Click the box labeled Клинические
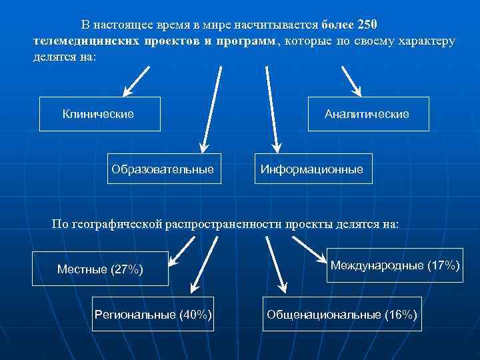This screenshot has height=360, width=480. pyautogui.click(x=100, y=114)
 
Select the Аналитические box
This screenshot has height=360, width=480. pyautogui.click(x=367, y=114)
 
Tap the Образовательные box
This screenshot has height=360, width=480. pyautogui.click(x=163, y=169)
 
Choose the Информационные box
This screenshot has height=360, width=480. pyautogui.click(x=311, y=169)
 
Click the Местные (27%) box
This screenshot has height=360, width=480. pyautogui.click(x=100, y=269)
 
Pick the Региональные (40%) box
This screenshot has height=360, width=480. pyautogui.click(x=153, y=313)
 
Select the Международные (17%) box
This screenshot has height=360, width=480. pyautogui.click(x=395, y=265)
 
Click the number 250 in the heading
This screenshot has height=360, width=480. pyautogui.click(x=367, y=25)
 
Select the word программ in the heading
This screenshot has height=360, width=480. pyautogui.click(x=247, y=41)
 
